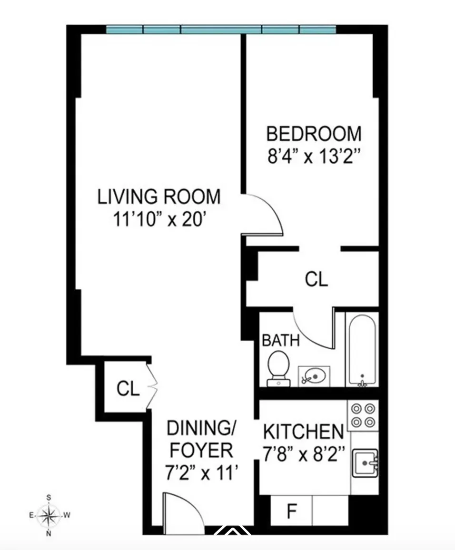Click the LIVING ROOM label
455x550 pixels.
[159, 196]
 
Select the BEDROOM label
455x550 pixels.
[314, 134]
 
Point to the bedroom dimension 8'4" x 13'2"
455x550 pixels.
[314, 156]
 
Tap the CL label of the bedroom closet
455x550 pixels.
[317, 279]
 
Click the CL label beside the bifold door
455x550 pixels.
[128, 389]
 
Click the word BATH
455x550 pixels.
[281, 341]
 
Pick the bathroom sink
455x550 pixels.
[314, 376]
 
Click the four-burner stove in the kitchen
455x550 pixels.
[364, 415]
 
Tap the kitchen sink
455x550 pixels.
[365, 462]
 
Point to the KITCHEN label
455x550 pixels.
[303, 432]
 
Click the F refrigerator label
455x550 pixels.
[291, 511]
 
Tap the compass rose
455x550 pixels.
[49, 515]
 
